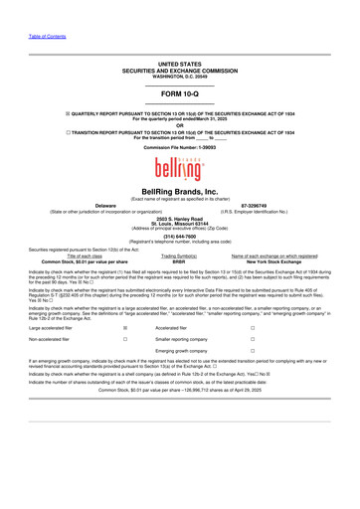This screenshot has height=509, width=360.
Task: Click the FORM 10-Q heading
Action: tap(180, 92)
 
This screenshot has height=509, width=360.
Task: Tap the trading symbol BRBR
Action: tap(179, 260)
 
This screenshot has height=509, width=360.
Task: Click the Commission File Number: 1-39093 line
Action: tap(180, 146)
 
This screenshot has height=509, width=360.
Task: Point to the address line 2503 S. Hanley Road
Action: tap(180, 217)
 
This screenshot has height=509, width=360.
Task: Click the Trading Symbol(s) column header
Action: tap(179, 254)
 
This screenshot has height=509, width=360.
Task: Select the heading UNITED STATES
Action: tap(180, 62)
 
